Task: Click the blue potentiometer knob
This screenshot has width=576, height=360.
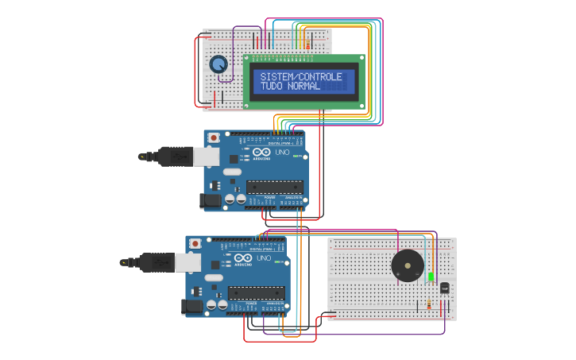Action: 218,64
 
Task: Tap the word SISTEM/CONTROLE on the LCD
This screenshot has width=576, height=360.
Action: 301,77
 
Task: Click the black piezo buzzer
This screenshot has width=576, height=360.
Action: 408,265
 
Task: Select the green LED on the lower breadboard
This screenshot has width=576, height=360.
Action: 431,277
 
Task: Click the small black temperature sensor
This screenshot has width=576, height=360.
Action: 443,287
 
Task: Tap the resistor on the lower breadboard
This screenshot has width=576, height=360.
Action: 429,303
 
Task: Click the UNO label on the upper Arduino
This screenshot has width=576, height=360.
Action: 282,152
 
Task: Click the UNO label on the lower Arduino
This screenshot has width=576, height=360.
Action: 264,257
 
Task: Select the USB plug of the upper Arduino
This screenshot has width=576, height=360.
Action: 175,157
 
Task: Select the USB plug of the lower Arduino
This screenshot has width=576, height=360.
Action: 157,261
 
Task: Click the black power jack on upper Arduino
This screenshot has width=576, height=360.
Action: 211,201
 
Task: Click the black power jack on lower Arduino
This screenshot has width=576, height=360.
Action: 193,305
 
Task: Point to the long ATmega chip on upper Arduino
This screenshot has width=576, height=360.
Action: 274,188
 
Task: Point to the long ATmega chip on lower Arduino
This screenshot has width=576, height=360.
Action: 257,292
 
